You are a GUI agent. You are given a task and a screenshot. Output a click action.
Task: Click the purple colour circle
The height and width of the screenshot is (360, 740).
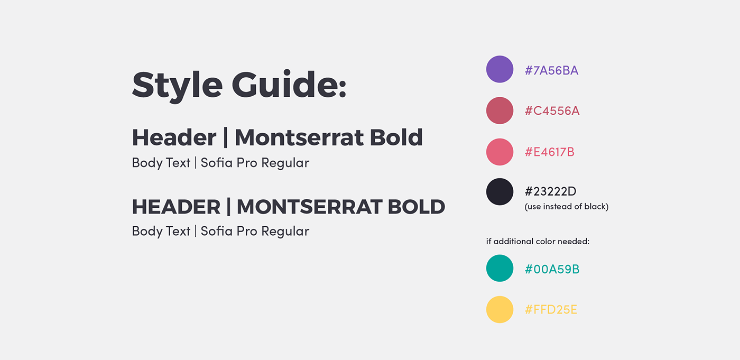[499, 69]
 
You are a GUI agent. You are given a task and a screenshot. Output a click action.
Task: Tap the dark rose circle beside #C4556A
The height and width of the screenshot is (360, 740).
[499, 110]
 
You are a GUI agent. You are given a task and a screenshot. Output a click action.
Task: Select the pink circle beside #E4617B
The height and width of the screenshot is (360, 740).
[499, 152]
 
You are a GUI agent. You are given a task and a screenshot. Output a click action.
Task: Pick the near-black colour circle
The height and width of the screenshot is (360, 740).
[499, 192]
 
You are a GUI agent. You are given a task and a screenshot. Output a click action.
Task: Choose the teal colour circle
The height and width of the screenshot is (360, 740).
[499, 268]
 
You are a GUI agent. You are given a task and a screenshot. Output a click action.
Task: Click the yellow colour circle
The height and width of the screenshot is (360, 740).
[499, 309]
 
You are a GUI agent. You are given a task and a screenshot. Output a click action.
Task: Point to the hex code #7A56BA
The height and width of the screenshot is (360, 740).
[551, 70]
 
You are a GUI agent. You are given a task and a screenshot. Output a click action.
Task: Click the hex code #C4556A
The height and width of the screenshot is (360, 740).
[552, 111]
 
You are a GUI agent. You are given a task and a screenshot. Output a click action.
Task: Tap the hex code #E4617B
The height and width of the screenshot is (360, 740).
[549, 152]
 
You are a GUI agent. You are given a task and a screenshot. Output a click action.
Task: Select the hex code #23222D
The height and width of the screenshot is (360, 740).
[550, 191]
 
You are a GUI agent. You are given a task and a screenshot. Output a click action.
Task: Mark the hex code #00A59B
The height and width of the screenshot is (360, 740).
[552, 269]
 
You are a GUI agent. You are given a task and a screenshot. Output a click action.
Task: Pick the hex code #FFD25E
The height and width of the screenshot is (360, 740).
[551, 310]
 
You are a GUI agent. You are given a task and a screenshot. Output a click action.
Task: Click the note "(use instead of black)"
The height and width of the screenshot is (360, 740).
[567, 207]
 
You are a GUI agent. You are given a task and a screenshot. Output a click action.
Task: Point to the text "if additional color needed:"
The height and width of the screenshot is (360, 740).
[538, 242]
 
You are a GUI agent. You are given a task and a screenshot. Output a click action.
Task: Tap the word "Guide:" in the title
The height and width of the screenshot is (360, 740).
[289, 85]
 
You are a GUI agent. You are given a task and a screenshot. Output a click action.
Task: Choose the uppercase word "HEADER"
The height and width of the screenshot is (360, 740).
[176, 207]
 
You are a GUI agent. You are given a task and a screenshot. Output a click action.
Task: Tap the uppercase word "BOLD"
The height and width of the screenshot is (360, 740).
[417, 207]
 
